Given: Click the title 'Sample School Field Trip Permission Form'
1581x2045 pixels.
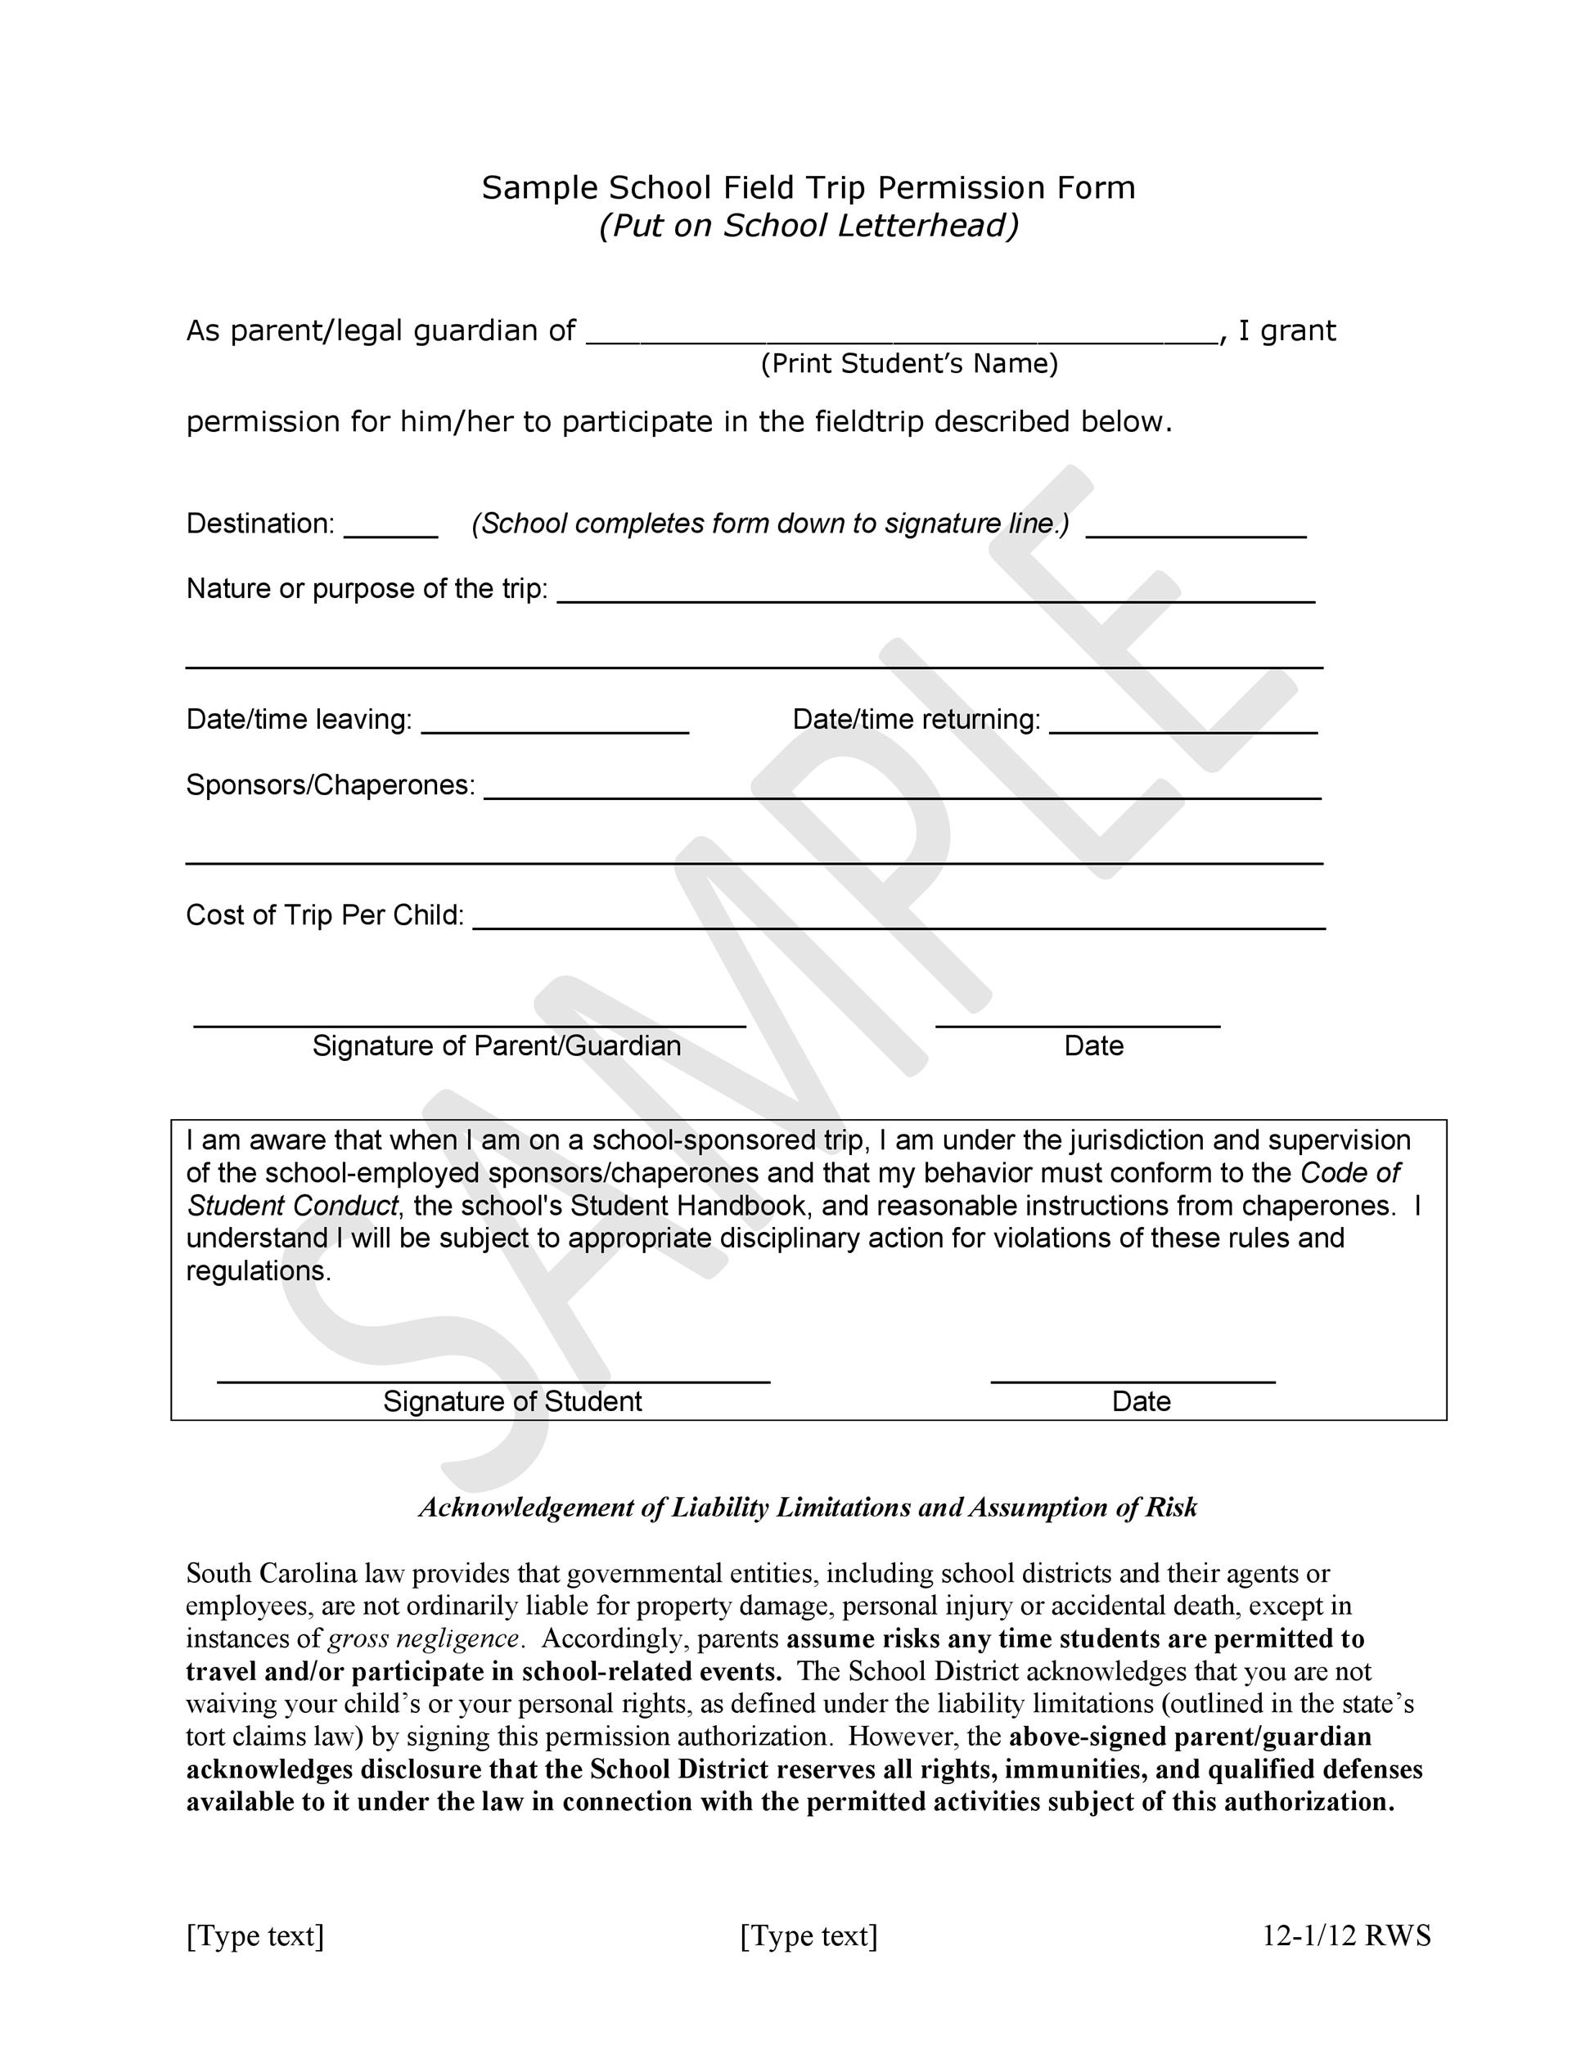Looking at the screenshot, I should coord(809,188).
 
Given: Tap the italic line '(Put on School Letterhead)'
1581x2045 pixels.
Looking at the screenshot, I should coord(809,226).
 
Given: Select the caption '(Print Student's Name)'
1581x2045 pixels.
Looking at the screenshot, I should coord(908,363).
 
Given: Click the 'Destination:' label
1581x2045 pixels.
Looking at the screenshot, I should coord(260,524).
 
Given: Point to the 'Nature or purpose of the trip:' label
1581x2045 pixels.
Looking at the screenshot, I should coord(367,589).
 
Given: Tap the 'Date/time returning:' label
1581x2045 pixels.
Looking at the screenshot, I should coord(916,719).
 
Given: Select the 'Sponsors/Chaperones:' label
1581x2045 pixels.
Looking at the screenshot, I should coord(331,784).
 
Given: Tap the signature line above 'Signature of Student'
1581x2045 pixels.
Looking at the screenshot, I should coord(493,1381).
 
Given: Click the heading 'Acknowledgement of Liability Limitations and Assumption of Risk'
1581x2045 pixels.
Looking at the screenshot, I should coord(808,1508).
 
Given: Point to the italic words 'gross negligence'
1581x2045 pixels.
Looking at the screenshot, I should coord(423,1638).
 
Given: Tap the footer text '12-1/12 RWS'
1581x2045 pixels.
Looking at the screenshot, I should coord(1346,1935).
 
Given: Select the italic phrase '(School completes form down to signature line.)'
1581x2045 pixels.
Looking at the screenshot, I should coord(770,524).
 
